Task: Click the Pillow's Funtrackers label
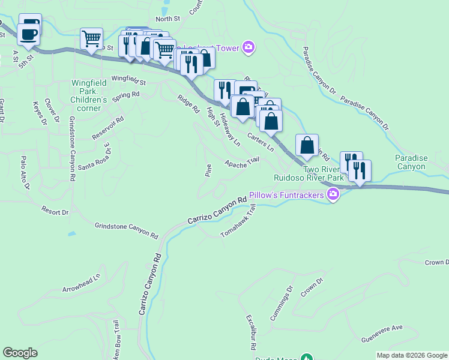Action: [x=286, y=194]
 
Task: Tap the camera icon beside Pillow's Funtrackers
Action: [x=333, y=194]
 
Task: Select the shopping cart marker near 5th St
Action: [x=91, y=39]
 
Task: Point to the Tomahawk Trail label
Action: [x=238, y=220]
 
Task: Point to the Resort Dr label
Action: [x=55, y=211]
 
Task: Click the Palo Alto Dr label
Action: [x=25, y=173]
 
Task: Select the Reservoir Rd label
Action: [x=107, y=128]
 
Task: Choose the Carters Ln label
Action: [x=261, y=142]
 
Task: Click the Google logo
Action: [x=20, y=353]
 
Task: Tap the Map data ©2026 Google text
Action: [x=411, y=355]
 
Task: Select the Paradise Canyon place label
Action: [x=411, y=162]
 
